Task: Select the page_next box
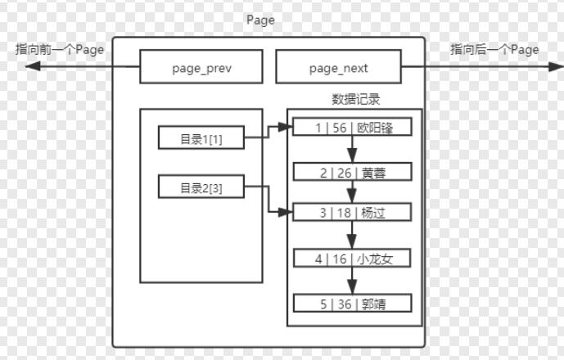click(x=340, y=67)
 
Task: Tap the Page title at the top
click(x=260, y=20)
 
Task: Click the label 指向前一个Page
click(x=60, y=49)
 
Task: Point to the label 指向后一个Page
click(x=494, y=49)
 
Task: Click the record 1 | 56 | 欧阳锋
click(x=350, y=128)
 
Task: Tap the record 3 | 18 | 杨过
click(x=350, y=213)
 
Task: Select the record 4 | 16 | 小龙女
click(x=350, y=259)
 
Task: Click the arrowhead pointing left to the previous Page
click(x=30, y=67)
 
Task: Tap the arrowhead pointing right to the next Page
click(x=530, y=67)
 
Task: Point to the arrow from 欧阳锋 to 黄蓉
click(x=352, y=149)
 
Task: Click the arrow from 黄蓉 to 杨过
click(x=352, y=191)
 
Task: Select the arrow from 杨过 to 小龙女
click(x=352, y=236)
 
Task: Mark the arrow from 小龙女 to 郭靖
click(x=352, y=281)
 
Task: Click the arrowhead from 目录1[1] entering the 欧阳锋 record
click(x=288, y=128)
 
